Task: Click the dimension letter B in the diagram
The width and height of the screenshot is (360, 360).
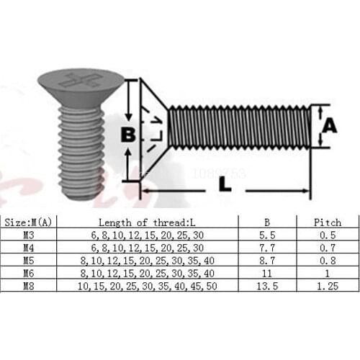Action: (128, 135)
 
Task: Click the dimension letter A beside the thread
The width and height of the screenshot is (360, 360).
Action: (328, 125)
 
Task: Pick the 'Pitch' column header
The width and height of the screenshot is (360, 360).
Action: (328, 222)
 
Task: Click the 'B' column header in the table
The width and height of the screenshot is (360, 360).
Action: (267, 222)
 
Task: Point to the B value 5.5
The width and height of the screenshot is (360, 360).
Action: (267, 235)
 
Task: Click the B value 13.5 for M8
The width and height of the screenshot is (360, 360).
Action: (267, 286)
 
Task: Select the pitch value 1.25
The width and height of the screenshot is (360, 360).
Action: (328, 286)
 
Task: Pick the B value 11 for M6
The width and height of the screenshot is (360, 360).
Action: (267, 274)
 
